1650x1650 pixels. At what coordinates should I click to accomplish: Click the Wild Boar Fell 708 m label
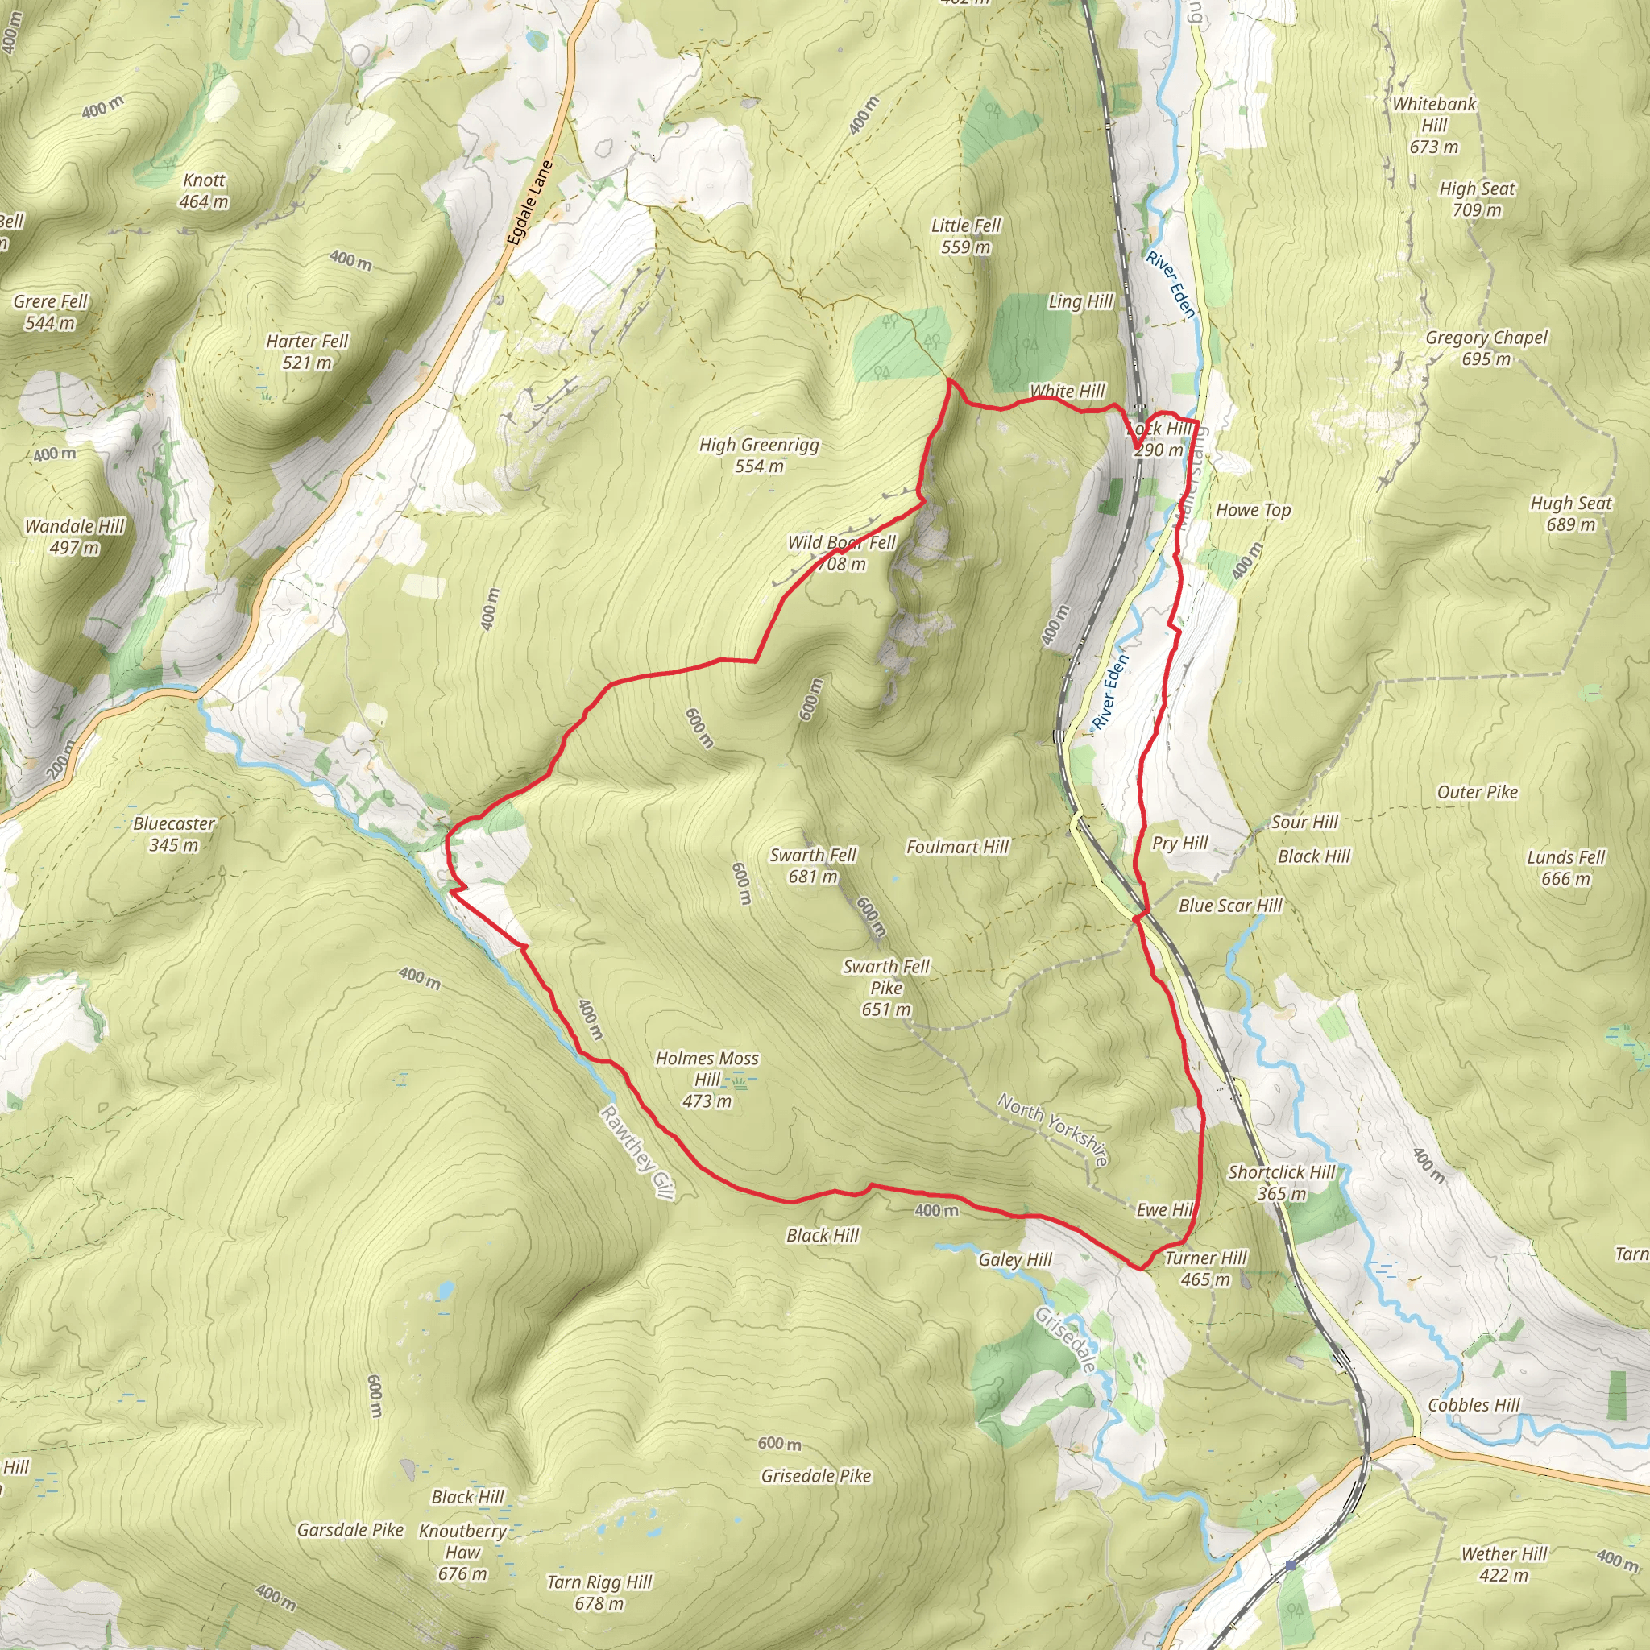click(x=841, y=553)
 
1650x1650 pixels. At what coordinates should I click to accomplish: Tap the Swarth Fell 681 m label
click(x=812, y=865)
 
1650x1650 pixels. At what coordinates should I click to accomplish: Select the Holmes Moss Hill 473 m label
click(x=707, y=1080)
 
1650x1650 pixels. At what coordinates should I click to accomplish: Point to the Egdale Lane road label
click(x=529, y=203)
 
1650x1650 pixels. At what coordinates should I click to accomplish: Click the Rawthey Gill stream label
click(x=637, y=1153)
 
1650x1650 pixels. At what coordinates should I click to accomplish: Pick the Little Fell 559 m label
click(x=966, y=236)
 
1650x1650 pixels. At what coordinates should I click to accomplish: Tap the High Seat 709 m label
click(x=1477, y=199)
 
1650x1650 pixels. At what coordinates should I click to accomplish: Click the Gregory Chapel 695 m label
click(x=1486, y=347)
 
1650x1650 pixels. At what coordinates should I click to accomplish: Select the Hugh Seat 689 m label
click(x=1570, y=513)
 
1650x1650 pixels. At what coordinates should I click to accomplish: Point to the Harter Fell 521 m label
click(x=308, y=351)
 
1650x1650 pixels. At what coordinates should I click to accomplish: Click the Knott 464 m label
click(x=204, y=190)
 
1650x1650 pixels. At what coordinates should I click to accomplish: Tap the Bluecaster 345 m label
click(x=174, y=834)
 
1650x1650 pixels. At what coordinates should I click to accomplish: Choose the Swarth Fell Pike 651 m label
click(x=885, y=987)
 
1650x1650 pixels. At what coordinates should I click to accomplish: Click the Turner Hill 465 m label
click(x=1205, y=1268)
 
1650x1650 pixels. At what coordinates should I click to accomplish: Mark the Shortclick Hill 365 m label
click(x=1281, y=1182)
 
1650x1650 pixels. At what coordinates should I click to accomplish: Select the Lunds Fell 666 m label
click(x=1566, y=867)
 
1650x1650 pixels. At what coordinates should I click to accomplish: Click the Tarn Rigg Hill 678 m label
click(x=599, y=1593)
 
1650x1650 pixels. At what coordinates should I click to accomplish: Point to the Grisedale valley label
click(x=1065, y=1340)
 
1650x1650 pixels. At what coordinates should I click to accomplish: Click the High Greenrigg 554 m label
click(x=758, y=454)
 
